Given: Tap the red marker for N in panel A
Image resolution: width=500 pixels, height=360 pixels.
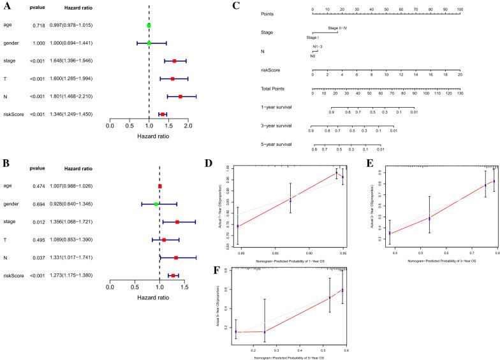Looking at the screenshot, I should [180, 96].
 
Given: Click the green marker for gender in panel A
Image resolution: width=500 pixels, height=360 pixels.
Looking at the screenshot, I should [149, 43].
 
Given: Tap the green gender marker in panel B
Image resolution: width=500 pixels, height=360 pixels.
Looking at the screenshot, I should [156, 204].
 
